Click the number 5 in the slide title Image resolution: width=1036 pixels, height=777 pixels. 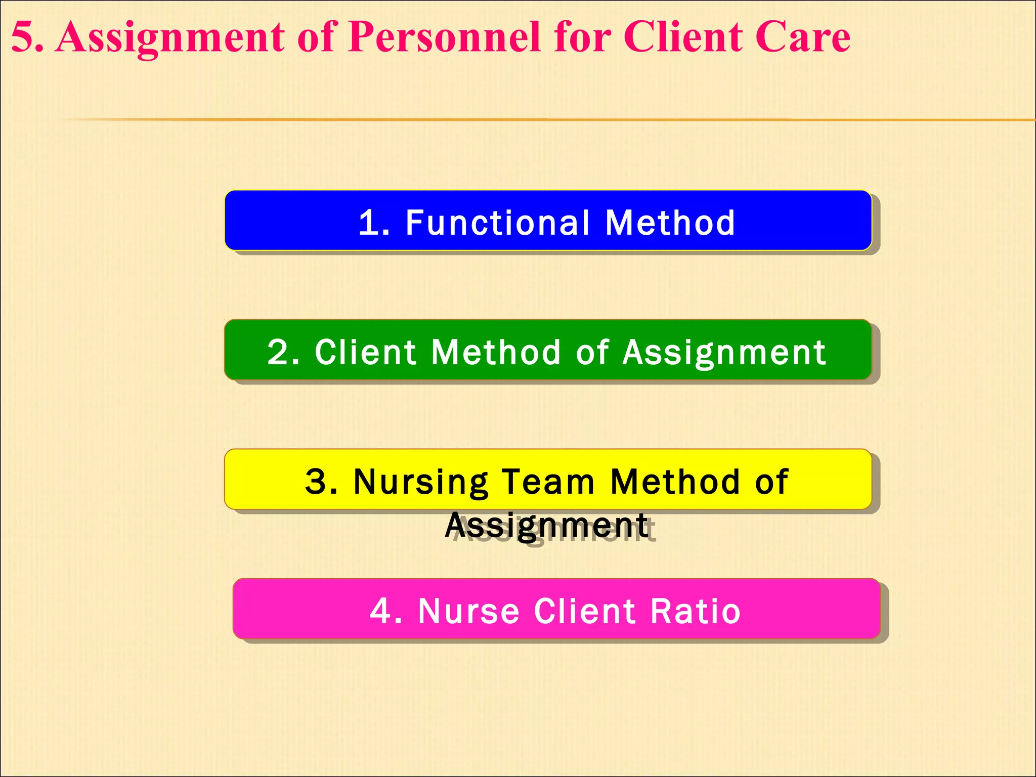pos(22,37)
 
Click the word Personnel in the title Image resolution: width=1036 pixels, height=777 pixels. pos(445,37)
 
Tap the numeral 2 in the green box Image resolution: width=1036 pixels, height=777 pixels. pos(279,352)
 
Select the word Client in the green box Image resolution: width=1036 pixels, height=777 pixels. pos(366,352)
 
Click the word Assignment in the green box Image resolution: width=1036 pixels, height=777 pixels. pos(724,353)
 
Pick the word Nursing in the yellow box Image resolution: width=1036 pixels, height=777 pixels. pos(421,482)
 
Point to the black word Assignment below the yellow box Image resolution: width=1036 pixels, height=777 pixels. pos(546,526)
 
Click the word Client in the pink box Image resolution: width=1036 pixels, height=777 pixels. pos(585,611)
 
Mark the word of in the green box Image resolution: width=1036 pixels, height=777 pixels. pos(592,352)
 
